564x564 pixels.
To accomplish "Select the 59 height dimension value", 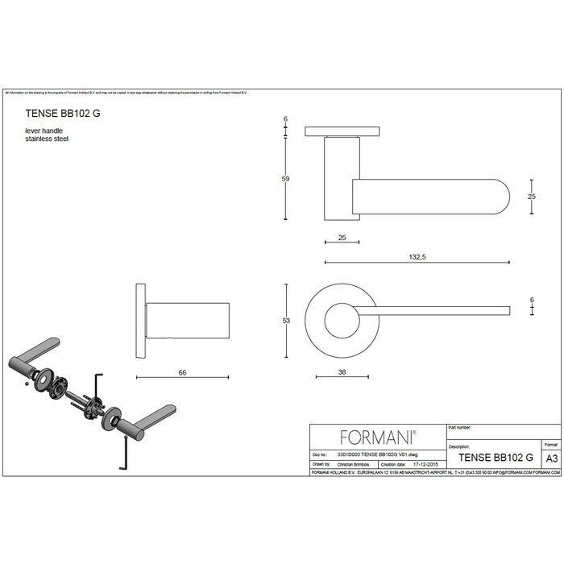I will tap(285, 178).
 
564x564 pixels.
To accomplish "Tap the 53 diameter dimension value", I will tap(285, 320).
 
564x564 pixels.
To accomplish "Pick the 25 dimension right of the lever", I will tap(532, 196).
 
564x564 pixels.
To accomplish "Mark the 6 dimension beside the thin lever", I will tap(532, 301).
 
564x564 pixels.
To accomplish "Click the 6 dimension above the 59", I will tap(285, 118).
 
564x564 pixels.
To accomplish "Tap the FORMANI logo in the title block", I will tap(377, 438).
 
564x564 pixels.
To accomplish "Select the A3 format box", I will tap(551, 457).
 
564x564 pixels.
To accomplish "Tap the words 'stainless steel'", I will tap(48, 139).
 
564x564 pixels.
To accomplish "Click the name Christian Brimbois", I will tap(349, 465).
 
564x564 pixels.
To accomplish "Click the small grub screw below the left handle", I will tap(27, 384).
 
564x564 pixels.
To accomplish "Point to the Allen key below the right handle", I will tap(120, 459).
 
